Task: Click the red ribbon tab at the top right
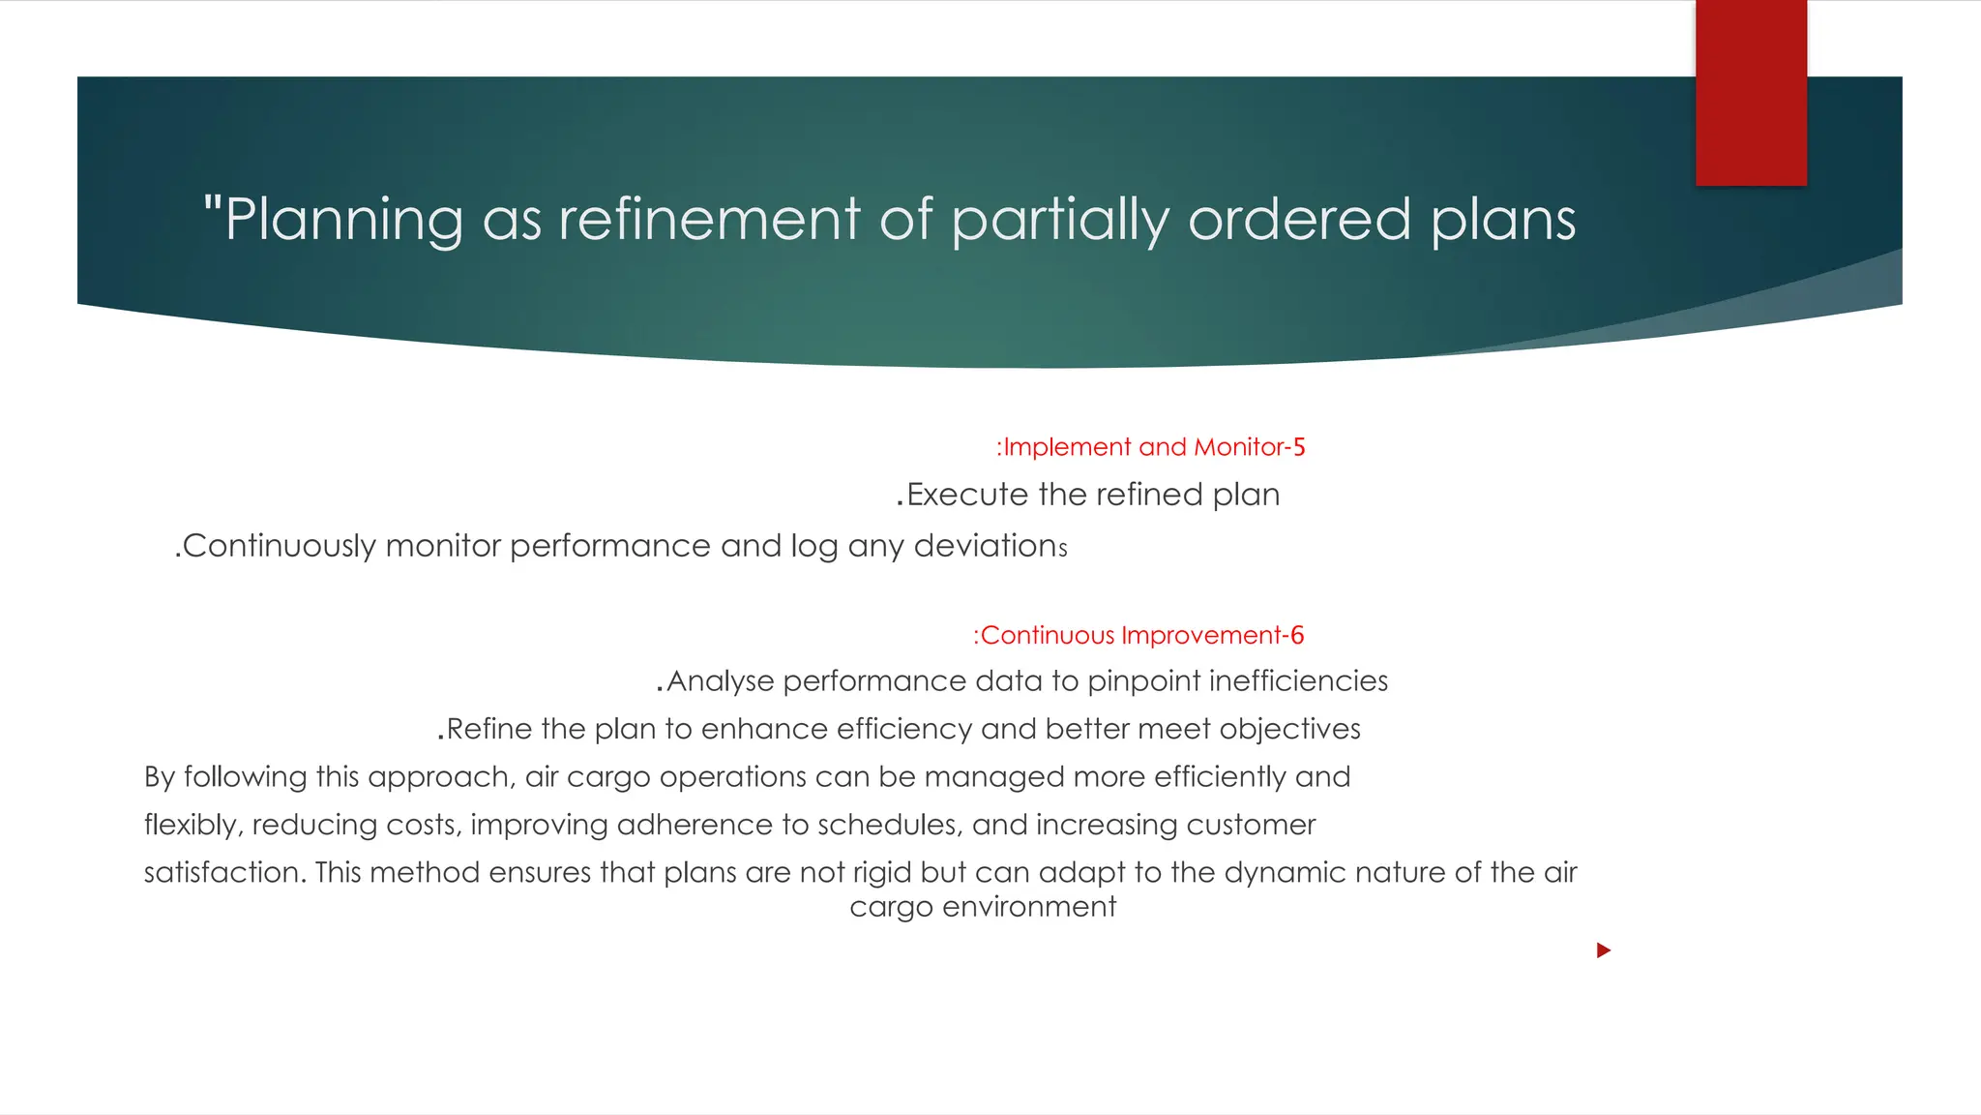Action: coord(1751,92)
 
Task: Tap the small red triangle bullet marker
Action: coord(1603,950)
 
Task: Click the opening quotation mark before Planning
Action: coord(213,205)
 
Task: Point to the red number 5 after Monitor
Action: coord(1299,447)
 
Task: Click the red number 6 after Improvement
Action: coord(1297,635)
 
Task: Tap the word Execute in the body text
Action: coord(967,495)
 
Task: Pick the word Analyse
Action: coord(721,681)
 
